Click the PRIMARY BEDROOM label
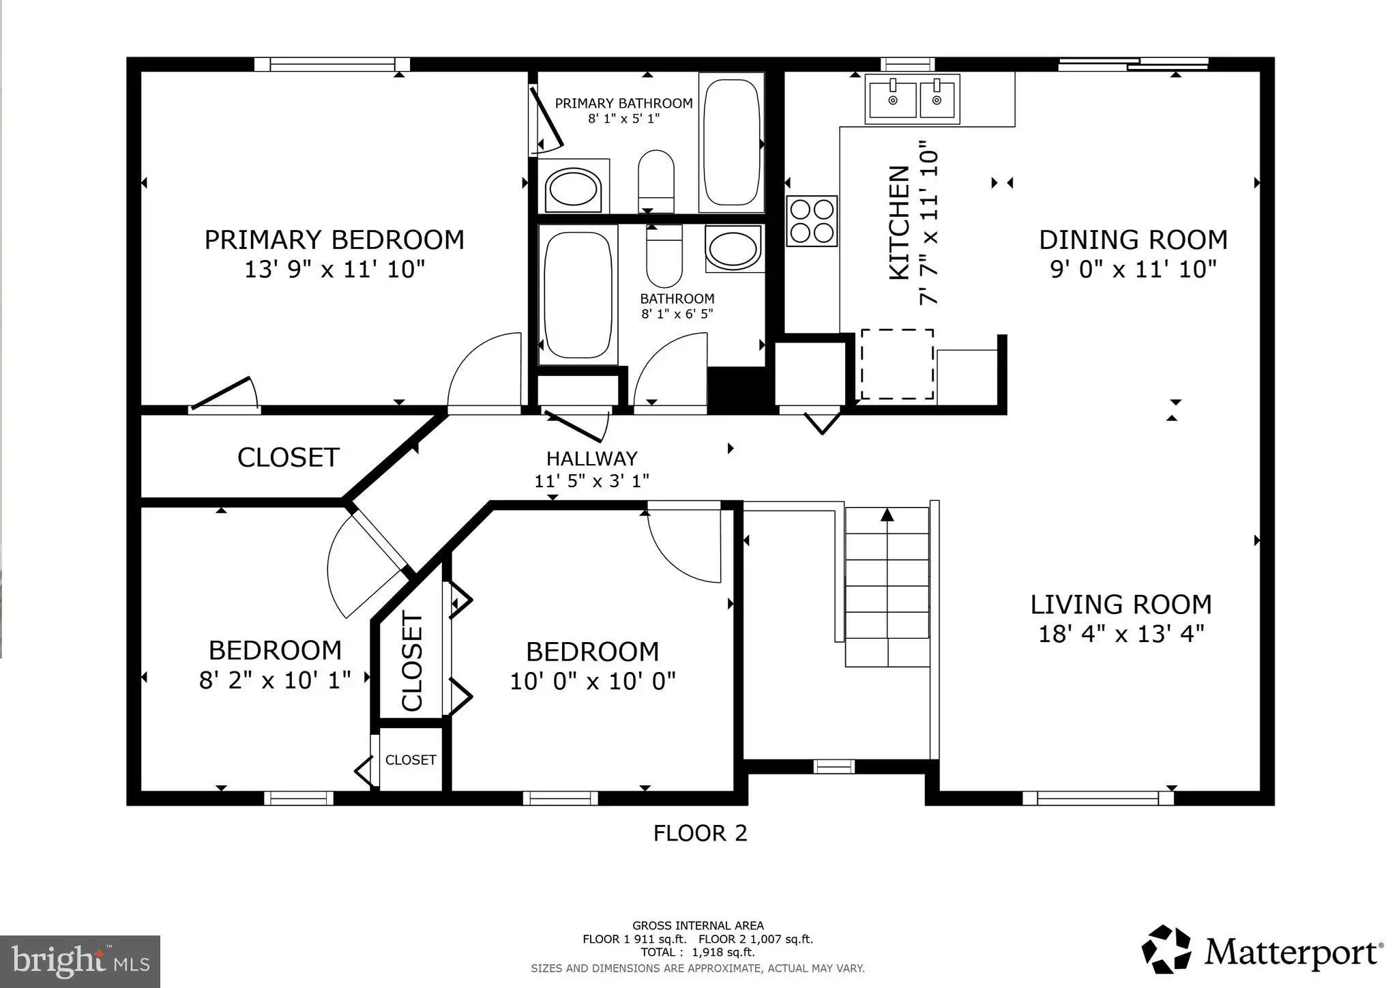334,240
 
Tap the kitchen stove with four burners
812,220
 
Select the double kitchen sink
913,100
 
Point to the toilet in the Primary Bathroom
656,181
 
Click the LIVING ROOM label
1121,605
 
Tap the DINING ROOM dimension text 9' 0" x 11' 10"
1133,270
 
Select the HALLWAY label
591,459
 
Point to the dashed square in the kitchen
897,364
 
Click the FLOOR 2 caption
701,833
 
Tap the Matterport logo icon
1166,949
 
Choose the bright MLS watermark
80,961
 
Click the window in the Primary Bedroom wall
332,65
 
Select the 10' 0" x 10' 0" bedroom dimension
593,681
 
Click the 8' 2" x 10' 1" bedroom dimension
275,680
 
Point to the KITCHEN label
900,222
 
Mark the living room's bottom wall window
1098,798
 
